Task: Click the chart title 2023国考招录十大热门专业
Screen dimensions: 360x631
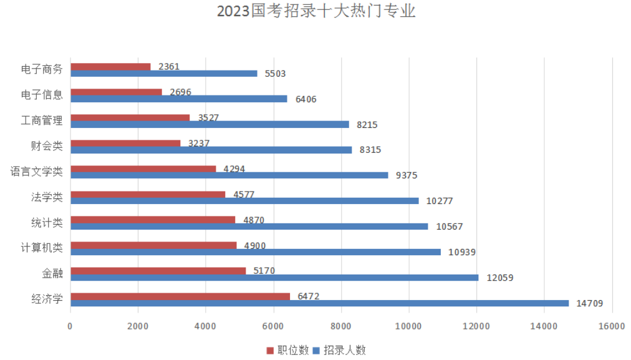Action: (316, 12)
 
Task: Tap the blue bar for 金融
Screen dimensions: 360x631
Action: (274, 278)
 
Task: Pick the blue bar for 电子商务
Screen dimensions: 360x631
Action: (164, 74)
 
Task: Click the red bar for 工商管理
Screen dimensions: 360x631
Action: (130, 117)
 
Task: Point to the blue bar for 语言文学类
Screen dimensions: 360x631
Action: (229, 175)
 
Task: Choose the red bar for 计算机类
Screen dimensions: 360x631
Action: (153, 245)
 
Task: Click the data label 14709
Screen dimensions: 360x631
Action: (590, 303)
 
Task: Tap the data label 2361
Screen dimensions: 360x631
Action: (169, 66)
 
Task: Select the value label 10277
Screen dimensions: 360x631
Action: (440, 201)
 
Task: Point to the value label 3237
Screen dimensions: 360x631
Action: (199, 143)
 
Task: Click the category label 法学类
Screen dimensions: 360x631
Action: (47, 197)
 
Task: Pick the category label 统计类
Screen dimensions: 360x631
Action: (47, 223)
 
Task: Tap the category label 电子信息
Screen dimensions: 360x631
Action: (42, 95)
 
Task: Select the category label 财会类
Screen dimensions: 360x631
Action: (47, 146)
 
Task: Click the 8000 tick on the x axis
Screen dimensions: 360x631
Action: (341, 326)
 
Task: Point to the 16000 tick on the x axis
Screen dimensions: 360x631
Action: (611, 326)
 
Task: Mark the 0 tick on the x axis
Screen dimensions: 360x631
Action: (70, 326)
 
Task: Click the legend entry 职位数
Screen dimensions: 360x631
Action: (287, 350)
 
